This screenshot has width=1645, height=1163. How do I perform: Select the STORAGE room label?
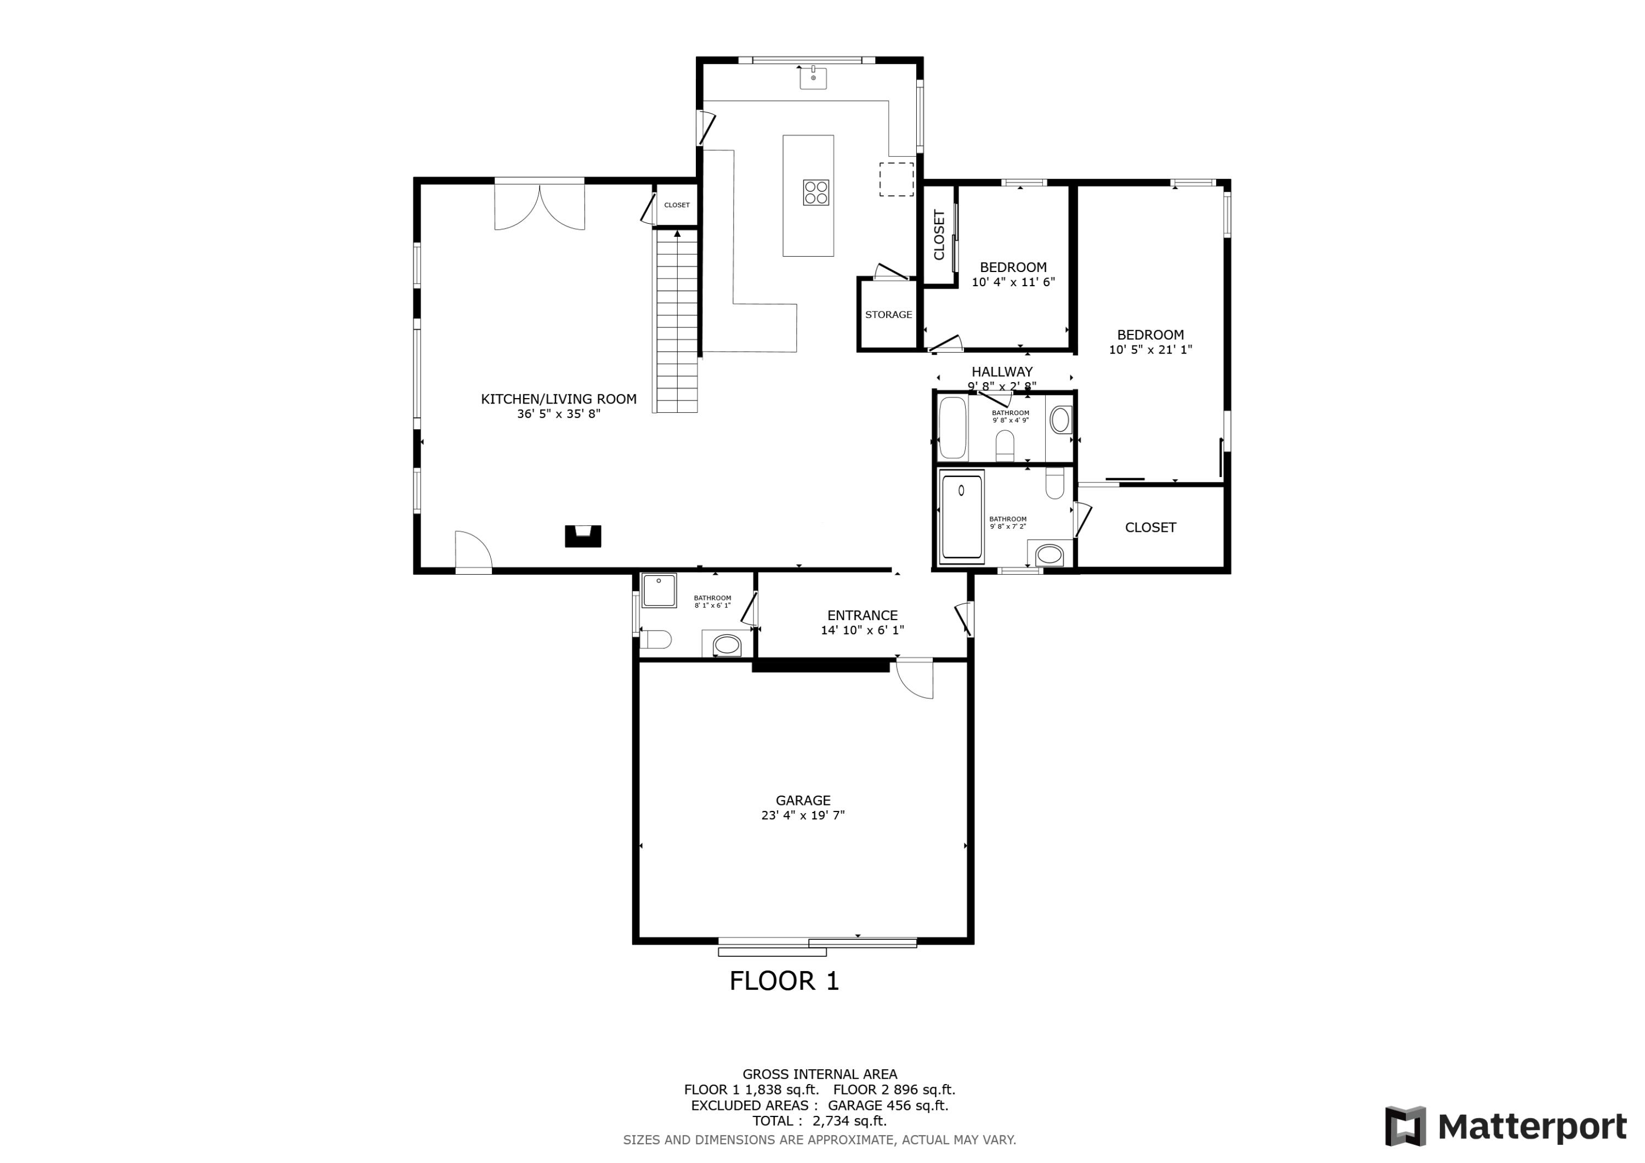(888, 315)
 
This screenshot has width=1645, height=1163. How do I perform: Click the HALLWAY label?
(1002, 372)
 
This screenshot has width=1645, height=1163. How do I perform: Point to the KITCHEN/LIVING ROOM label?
(558, 399)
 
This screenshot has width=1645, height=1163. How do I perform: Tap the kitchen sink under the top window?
(813, 78)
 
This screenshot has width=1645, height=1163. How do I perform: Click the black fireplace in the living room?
(582, 536)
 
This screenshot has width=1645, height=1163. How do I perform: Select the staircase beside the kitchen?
(676, 322)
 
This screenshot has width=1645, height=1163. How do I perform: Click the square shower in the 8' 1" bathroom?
(659, 591)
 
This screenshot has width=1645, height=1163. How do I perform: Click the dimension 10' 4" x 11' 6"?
(1013, 282)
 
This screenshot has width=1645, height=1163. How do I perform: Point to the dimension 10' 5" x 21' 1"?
(1150, 350)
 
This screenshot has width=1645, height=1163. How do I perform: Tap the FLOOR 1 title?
(784, 981)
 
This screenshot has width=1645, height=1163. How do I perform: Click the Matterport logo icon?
(1404, 1126)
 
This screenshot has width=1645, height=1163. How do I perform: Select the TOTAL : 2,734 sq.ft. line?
(819, 1121)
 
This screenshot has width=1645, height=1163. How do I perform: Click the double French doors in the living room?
(540, 206)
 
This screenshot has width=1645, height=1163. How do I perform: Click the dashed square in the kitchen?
(897, 179)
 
